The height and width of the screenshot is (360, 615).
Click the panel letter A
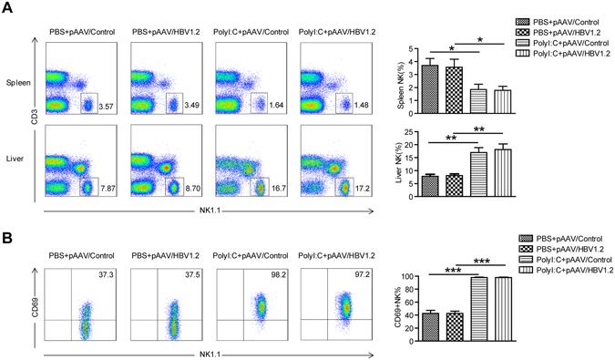(x=10, y=11)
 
